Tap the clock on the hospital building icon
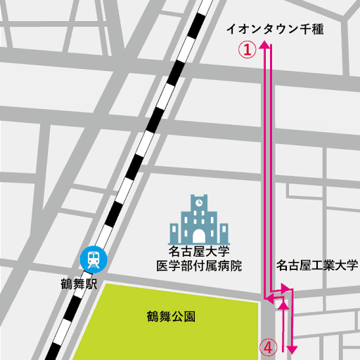click(x=199, y=201)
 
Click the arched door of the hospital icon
click(x=199, y=234)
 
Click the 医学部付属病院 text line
click(x=198, y=266)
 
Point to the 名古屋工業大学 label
click(x=317, y=265)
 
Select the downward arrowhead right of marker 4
click(x=292, y=349)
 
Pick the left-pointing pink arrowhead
click(x=268, y=299)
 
